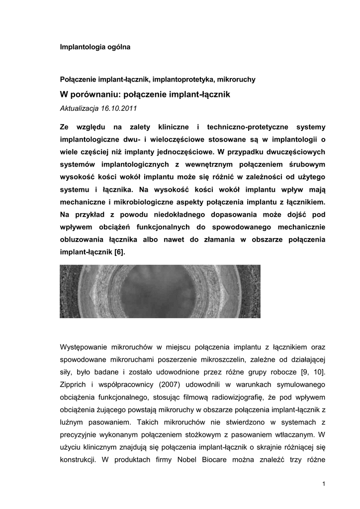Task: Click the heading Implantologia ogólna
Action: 95,47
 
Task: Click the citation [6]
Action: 119,253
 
